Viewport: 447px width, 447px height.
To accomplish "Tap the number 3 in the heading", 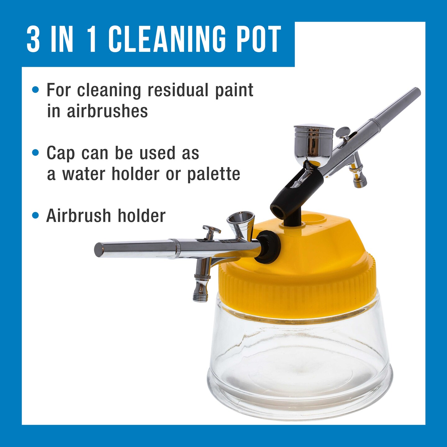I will [x=34, y=39].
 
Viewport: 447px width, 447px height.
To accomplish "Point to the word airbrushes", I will [x=107, y=111].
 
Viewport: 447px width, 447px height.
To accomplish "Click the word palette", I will [x=213, y=174].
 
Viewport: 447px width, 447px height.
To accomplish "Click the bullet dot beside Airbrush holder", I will [x=36, y=216].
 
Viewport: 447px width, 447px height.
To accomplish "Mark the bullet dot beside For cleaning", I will [x=36, y=90].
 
